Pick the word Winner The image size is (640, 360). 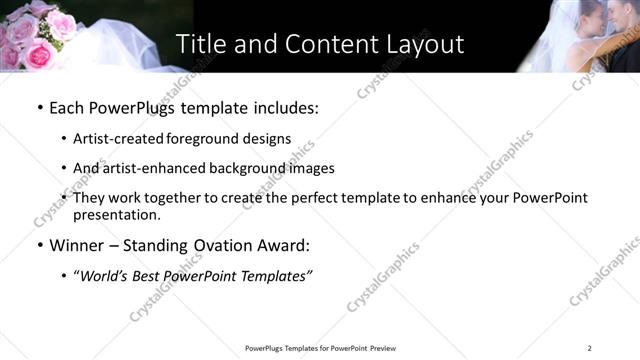(77, 246)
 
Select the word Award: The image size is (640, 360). (286, 246)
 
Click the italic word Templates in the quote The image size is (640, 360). (278, 277)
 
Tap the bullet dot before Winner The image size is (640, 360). (39, 246)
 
